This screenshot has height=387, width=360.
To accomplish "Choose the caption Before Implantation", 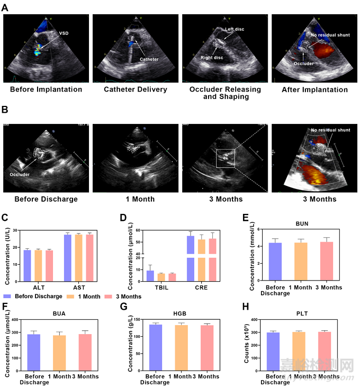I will click(46, 89).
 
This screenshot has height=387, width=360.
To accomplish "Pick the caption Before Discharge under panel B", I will click(47, 199).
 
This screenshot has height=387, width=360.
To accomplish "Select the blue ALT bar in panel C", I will click(28, 265).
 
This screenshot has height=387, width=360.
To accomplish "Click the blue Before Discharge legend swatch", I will click(7, 296).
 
